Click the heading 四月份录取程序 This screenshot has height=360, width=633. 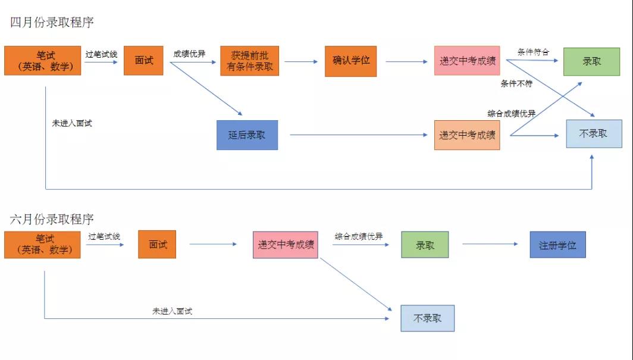click(52, 23)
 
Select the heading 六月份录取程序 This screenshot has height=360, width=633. click(52, 219)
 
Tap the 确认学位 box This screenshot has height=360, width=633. click(351, 61)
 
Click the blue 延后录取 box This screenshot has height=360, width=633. click(247, 134)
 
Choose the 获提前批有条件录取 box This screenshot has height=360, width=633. click(250, 61)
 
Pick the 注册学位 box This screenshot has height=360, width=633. click(557, 245)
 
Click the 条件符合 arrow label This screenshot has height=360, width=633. click(533, 52)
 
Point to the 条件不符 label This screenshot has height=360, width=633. click(516, 83)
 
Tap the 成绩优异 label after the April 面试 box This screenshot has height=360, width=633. click(189, 54)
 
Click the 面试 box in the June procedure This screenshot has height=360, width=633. click(158, 245)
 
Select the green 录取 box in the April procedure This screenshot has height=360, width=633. click(591, 61)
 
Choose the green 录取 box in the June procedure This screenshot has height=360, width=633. click(425, 245)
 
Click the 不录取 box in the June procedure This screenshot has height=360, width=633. click(427, 318)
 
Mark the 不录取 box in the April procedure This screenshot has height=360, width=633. click(593, 134)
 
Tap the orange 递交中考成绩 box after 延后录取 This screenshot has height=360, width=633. click(467, 135)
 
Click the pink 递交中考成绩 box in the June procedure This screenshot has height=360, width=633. click(286, 245)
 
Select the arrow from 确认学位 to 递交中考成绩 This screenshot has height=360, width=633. click(406, 61)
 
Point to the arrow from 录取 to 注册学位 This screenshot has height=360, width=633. click(490, 244)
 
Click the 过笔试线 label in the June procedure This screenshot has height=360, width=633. click(104, 236)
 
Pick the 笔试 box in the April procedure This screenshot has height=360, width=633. click(42, 61)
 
